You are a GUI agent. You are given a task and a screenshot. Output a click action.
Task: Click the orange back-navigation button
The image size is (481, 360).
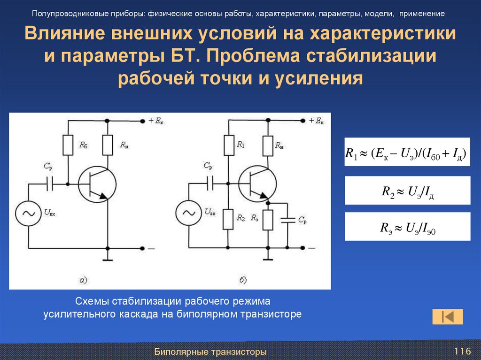click(x=447, y=316)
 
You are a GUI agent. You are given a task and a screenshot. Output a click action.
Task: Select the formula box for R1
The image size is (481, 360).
click(x=407, y=152)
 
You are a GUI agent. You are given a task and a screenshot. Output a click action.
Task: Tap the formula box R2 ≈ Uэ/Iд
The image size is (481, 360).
click(x=407, y=190)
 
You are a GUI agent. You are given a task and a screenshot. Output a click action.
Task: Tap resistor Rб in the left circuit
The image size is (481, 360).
click(x=69, y=145)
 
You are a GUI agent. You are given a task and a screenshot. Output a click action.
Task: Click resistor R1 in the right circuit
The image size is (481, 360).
click(x=229, y=145)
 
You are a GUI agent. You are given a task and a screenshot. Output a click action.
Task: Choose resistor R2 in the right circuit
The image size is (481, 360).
click(x=229, y=219)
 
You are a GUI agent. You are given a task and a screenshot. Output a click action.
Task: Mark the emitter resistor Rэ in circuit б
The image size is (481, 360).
click(x=268, y=219)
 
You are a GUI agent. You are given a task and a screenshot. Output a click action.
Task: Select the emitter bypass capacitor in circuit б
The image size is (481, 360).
click(x=287, y=219)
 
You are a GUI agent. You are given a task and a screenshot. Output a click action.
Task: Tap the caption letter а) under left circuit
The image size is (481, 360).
click(x=83, y=281)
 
